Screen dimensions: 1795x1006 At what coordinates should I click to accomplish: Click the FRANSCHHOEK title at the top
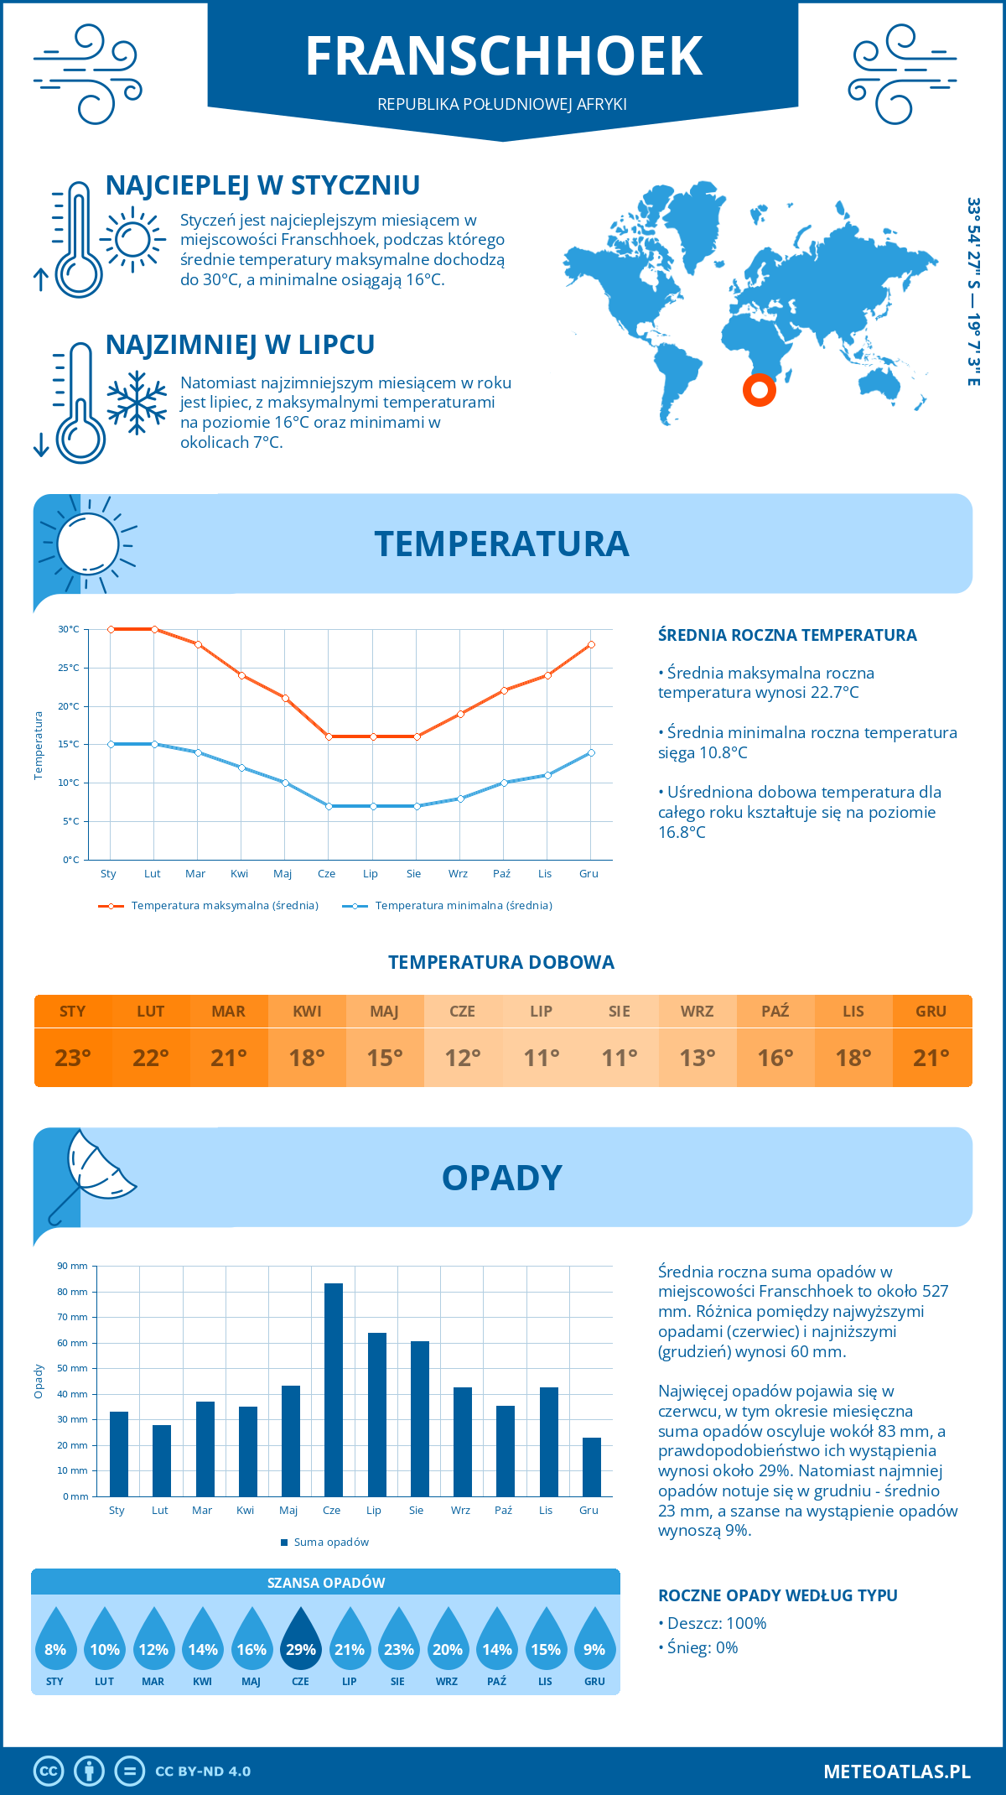point(503,56)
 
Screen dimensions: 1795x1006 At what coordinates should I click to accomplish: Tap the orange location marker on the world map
point(760,390)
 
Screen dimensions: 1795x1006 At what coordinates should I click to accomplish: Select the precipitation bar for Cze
point(333,1390)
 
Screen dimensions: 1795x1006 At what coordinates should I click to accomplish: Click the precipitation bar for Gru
point(591,1467)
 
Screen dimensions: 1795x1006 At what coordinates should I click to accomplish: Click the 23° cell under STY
point(73,1058)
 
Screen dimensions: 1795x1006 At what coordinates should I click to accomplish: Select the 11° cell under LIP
point(541,1058)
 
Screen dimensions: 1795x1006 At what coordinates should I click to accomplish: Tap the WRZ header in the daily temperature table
point(697,1012)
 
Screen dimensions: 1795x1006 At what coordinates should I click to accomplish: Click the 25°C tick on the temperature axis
point(69,669)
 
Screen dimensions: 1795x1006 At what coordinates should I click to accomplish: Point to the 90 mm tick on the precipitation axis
point(72,1266)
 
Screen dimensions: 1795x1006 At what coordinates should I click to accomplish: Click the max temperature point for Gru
point(591,644)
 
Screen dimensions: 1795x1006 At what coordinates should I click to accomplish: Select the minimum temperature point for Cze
point(329,806)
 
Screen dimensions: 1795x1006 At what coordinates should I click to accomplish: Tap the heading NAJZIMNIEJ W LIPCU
point(240,345)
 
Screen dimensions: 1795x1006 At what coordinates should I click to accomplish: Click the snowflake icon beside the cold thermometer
point(137,402)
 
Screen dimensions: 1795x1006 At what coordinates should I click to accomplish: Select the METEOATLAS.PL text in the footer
point(896,1772)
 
